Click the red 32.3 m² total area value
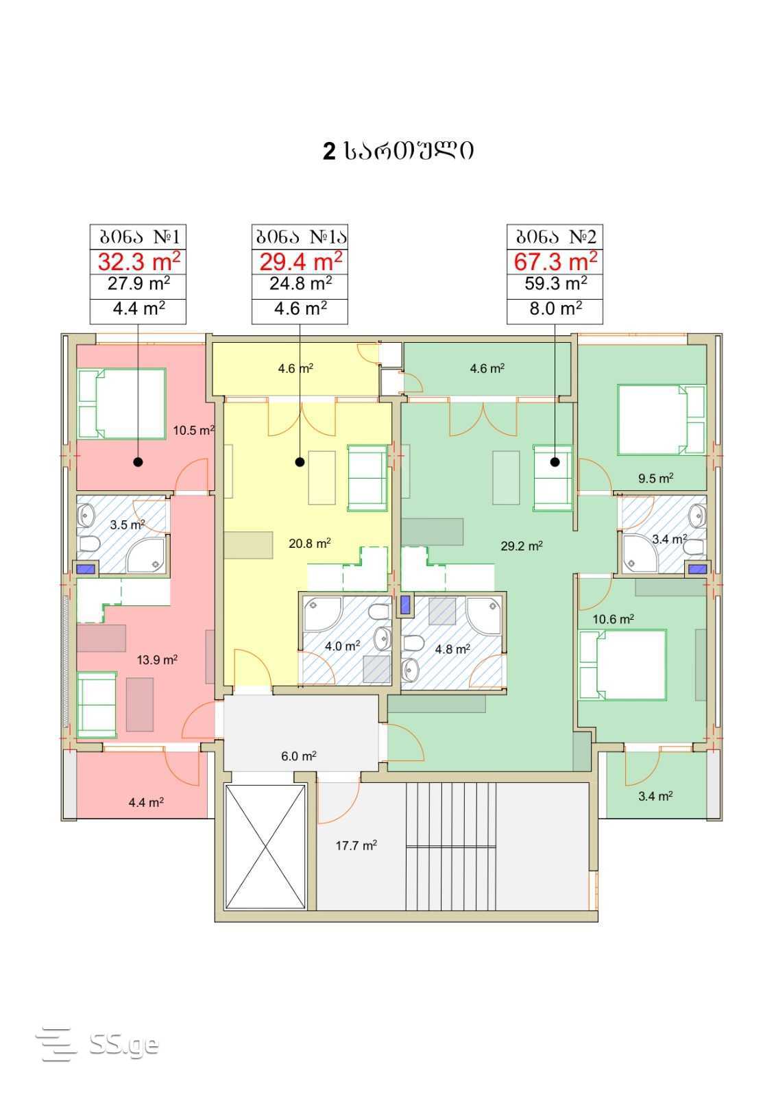pos(138,261)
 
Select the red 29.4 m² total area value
pos(300,261)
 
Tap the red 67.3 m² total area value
pos(555,261)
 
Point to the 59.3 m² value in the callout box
pos(556,284)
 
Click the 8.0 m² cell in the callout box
pos(556,309)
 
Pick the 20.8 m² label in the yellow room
pos(309,543)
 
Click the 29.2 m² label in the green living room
pos(522,546)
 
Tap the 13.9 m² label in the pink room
pos(157,660)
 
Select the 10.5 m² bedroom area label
pos(193,431)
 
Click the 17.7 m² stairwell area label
pos(356,846)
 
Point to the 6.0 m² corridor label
pos(298,756)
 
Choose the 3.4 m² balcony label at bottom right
pos(655,796)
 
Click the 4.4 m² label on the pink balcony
pos(146,803)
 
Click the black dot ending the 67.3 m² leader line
pos(555,462)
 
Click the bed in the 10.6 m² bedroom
pos(622,664)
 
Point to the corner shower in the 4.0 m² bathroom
pos(322,614)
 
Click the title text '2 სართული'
pos(398,151)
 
